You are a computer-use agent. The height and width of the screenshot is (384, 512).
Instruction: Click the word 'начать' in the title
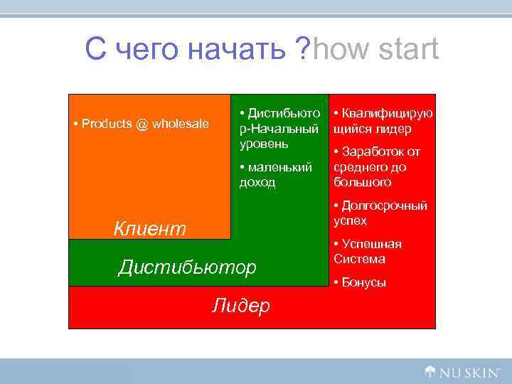pyautogui.click(x=239, y=50)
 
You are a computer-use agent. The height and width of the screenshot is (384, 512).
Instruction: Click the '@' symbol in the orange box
pyautogui.click(x=142, y=124)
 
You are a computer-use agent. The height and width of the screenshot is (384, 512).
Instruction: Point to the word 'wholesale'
pyautogui.click(x=181, y=124)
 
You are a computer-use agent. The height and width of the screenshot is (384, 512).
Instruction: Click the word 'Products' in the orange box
pyautogui.click(x=107, y=124)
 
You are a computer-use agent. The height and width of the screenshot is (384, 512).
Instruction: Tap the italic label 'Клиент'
pyautogui.click(x=150, y=228)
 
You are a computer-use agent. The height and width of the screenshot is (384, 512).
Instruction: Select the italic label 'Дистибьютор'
pyautogui.click(x=186, y=267)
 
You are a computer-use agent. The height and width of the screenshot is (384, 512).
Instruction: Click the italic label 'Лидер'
pyautogui.click(x=241, y=306)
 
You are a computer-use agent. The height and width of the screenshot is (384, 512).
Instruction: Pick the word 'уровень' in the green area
pyautogui.click(x=264, y=144)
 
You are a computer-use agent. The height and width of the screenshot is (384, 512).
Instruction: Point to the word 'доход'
pyautogui.click(x=257, y=182)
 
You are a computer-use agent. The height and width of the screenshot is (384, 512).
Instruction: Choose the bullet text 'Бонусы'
pyautogui.click(x=364, y=282)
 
